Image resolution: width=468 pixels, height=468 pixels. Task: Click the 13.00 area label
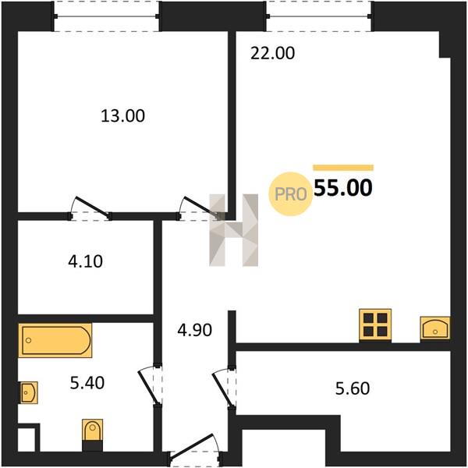(123, 115)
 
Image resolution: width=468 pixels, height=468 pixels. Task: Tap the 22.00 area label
(272, 53)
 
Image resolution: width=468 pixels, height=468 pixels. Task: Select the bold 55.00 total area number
(343, 188)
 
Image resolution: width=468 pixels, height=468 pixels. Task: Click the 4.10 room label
(85, 261)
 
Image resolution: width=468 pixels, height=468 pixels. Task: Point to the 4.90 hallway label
(194, 330)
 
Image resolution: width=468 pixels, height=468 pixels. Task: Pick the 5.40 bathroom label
(87, 383)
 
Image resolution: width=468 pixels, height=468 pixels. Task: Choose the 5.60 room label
(353, 388)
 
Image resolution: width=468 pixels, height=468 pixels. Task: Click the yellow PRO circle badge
(290, 194)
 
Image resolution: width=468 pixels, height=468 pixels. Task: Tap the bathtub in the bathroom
(55, 340)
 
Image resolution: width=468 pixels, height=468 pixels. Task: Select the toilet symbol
(93, 430)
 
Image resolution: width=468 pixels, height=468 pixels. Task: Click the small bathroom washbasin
(29, 392)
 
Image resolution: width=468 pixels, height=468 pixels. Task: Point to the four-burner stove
(375, 325)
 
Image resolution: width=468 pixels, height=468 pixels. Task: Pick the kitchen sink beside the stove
(435, 328)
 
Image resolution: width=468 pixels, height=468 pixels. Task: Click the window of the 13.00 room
(107, 16)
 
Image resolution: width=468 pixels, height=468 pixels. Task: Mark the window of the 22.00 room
(319, 16)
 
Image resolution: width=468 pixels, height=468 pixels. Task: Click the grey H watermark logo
(234, 230)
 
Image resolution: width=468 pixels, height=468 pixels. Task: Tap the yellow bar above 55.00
(343, 168)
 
